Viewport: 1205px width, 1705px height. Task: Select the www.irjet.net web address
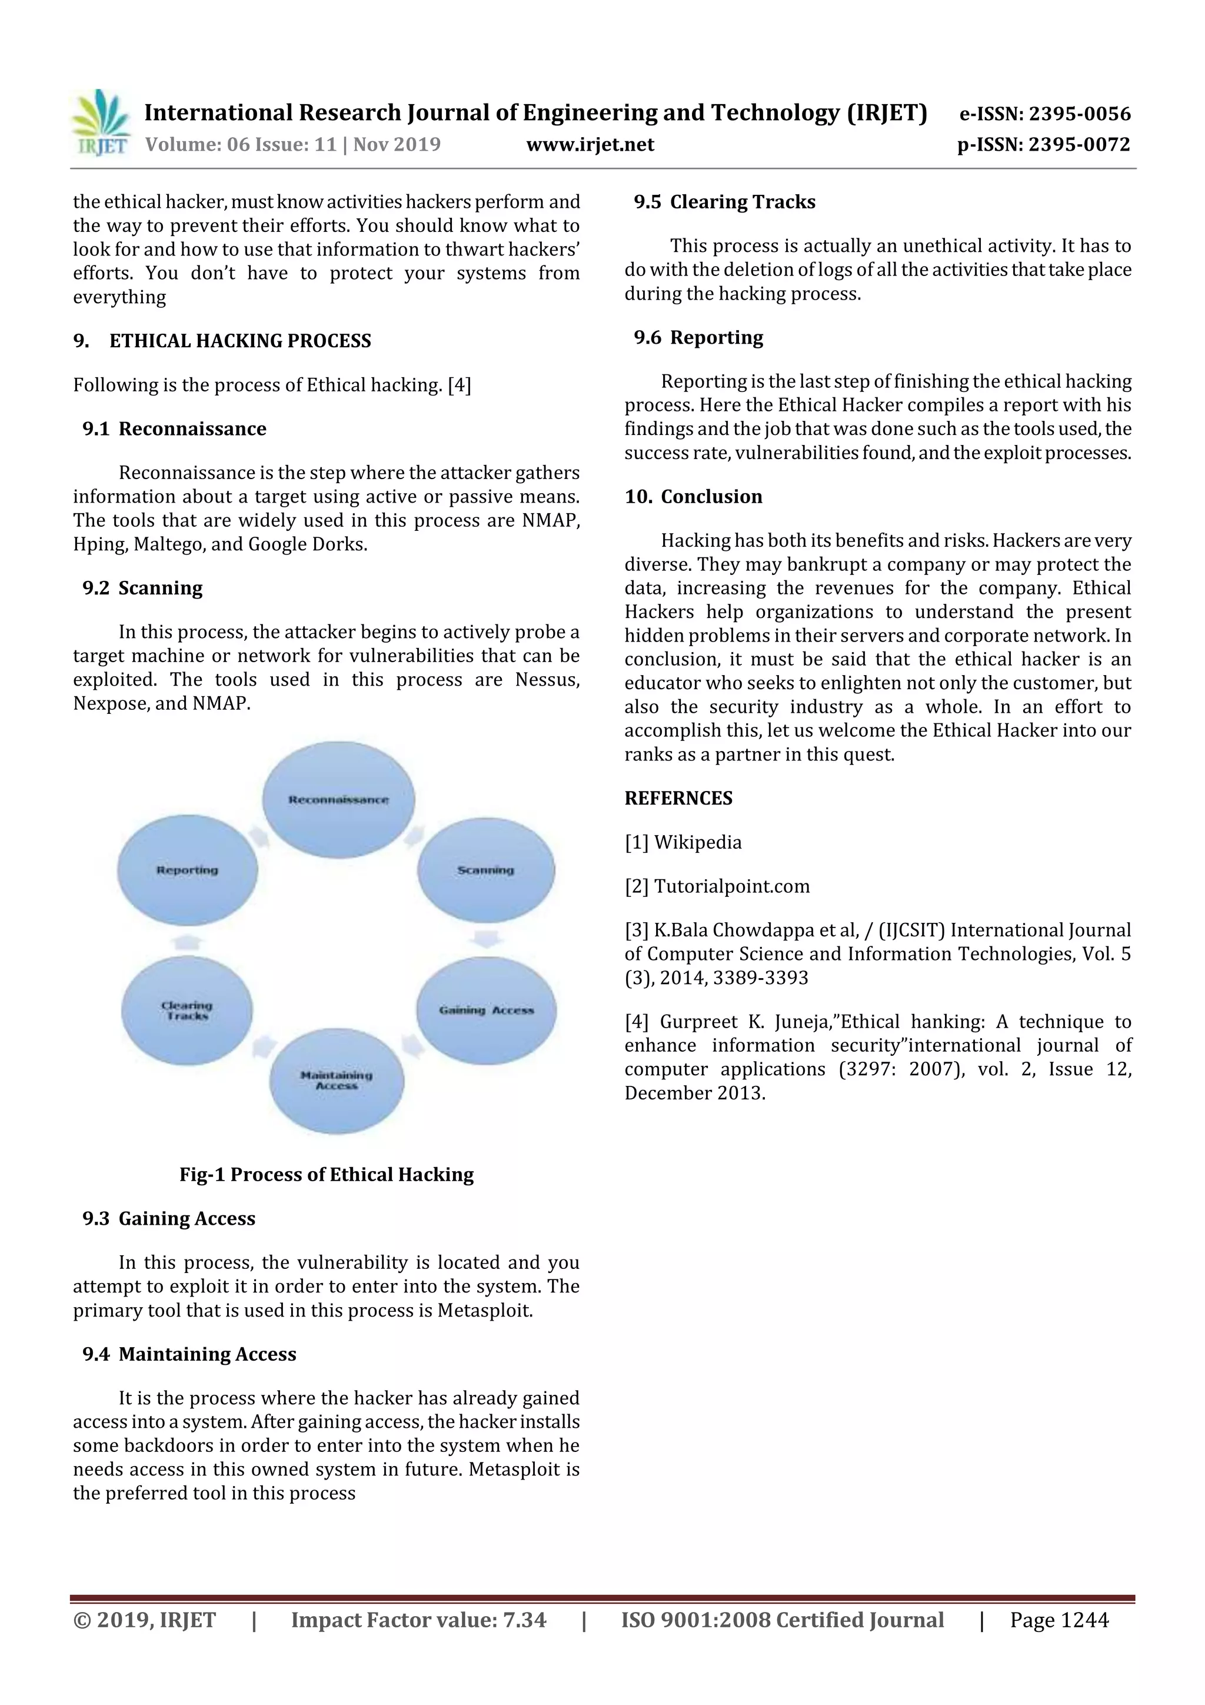pos(590,145)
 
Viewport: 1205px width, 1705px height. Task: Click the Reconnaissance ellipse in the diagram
pos(338,800)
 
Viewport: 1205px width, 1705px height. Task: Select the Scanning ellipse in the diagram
pos(485,870)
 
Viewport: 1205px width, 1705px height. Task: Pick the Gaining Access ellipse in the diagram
pos(485,1010)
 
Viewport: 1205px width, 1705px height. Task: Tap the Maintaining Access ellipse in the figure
pos(337,1081)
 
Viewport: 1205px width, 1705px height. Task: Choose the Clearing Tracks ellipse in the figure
pos(187,1010)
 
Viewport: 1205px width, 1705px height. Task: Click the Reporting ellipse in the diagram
pos(187,870)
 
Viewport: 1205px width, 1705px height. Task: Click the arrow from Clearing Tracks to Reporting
pos(187,942)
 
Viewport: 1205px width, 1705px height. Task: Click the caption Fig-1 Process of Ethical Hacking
pos(326,1174)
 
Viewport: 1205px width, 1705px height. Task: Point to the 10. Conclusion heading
pos(694,496)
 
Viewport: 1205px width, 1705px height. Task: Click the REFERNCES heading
pos(678,798)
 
